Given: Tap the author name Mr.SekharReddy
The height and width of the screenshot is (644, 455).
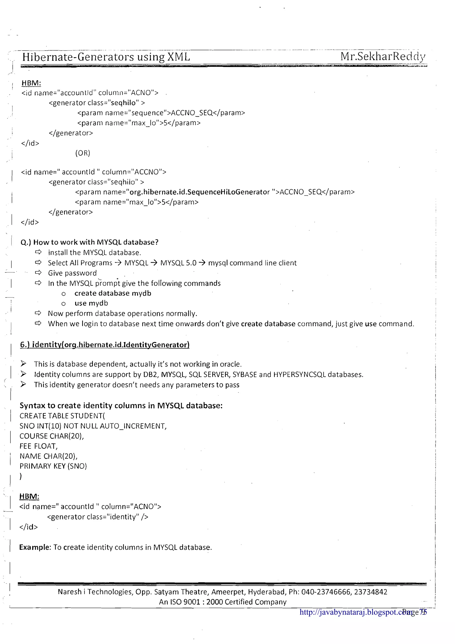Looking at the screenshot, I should [383, 56].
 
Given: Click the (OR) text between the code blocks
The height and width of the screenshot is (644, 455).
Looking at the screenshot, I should [83, 153].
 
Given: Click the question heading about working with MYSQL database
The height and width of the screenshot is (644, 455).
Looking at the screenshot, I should [90, 242].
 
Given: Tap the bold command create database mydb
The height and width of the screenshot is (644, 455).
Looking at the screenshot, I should [113, 293].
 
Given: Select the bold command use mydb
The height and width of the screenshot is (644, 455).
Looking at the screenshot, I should [91, 303].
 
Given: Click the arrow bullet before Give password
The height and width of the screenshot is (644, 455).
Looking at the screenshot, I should [38, 273].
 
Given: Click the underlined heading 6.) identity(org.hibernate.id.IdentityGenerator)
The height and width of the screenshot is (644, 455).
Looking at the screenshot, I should [105, 345].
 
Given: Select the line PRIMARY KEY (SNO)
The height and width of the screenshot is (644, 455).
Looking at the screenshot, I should [53, 466].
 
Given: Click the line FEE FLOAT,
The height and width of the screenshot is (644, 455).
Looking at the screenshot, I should [38, 446].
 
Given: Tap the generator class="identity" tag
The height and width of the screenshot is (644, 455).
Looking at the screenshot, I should [98, 517].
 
